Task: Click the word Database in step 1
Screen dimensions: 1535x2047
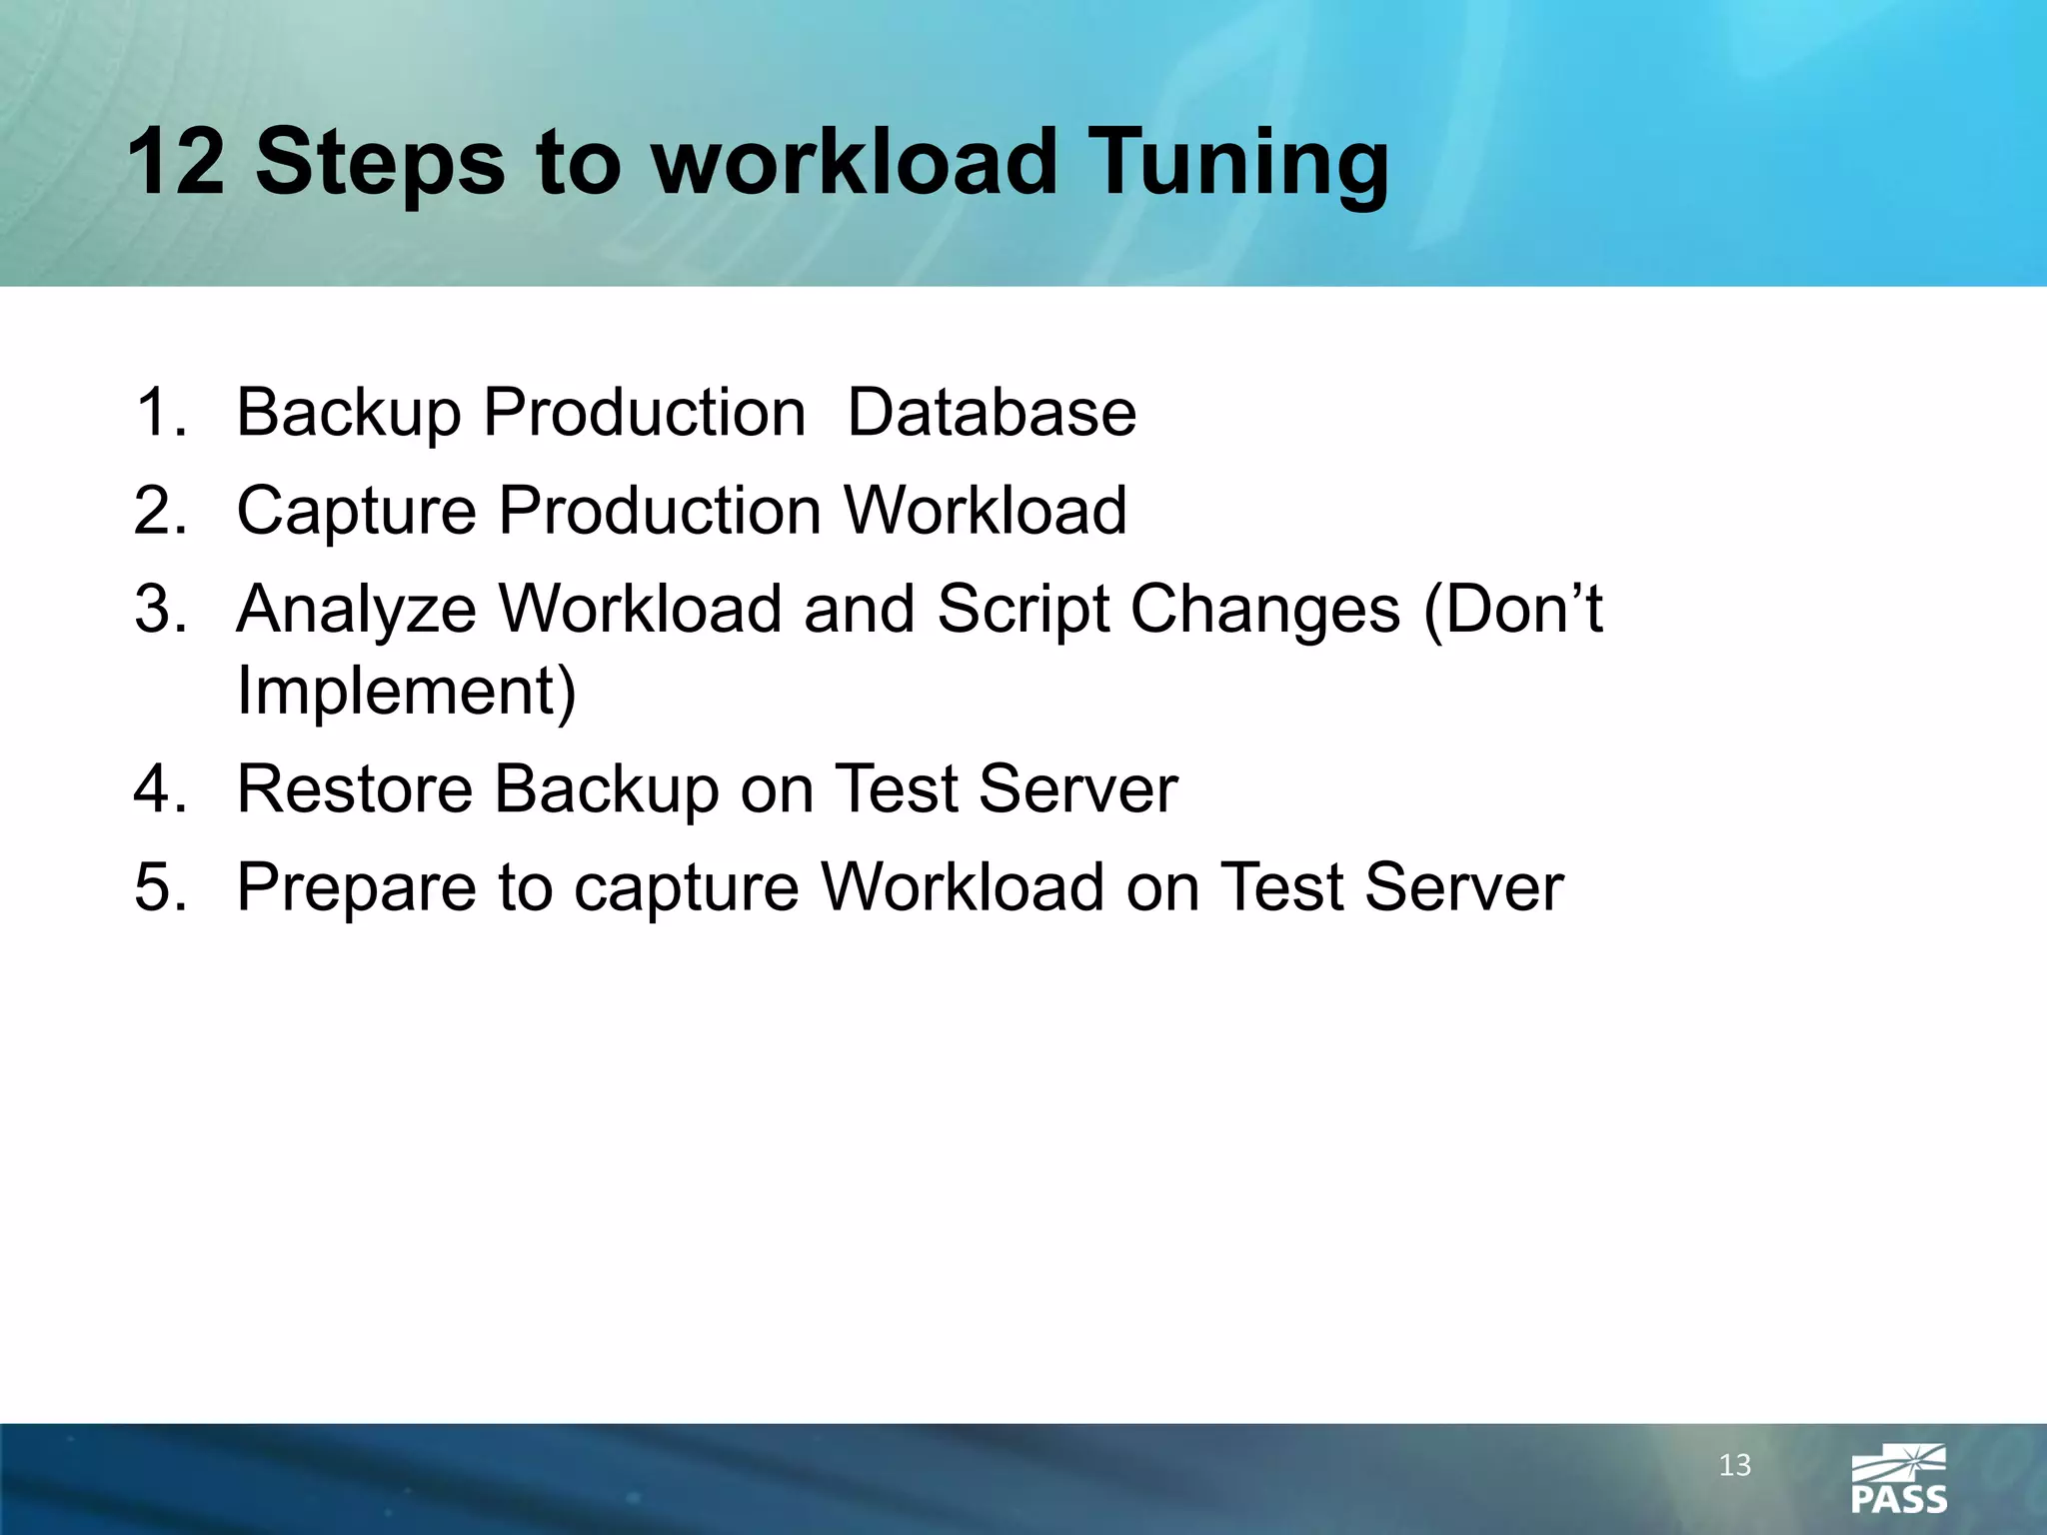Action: [x=992, y=412]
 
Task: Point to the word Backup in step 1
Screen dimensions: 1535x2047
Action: [x=348, y=414]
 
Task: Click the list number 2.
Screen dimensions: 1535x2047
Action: [x=160, y=511]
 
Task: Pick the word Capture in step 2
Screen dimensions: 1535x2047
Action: [x=356, y=512]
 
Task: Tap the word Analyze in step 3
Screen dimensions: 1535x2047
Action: [x=357, y=611]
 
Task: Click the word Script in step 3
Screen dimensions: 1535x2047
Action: [x=1023, y=611]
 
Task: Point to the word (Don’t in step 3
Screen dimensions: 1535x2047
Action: [x=1512, y=609]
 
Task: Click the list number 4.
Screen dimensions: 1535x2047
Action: [x=160, y=789]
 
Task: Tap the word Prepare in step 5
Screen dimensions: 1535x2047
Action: [x=356, y=888]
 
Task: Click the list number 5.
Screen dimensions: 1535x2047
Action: [x=160, y=888]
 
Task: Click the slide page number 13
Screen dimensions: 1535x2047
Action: [x=1734, y=1465]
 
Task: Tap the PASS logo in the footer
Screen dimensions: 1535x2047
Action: [x=1898, y=1479]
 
